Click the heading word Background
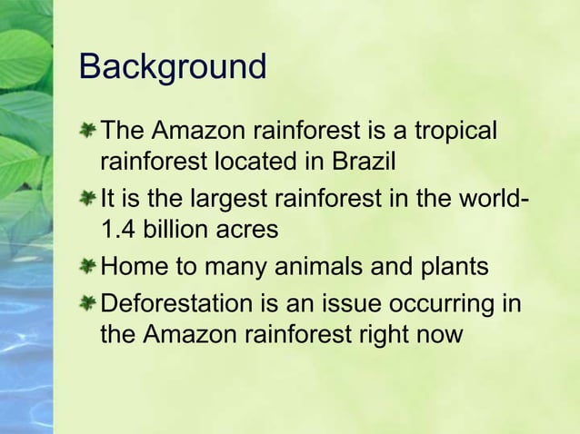pyautogui.click(x=173, y=68)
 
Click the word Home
pyautogui.click(x=135, y=267)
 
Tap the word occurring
pyautogui.click(x=441, y=301)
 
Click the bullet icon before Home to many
pyautogui.click(x=87, y=267)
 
